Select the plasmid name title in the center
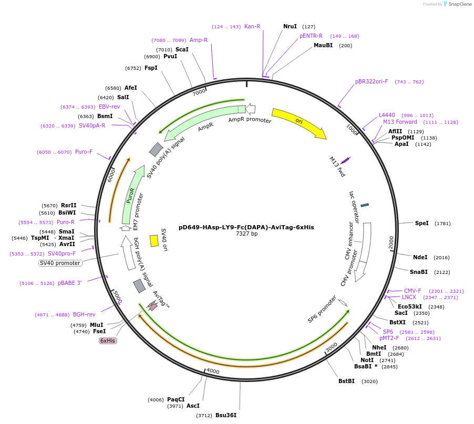pos(246,227)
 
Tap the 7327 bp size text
pos(246,234)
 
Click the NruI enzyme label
pos(290,26)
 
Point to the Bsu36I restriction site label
pos(225,415)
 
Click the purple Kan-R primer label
pos(252,26)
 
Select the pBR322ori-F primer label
pos(372,81)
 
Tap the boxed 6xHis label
pos(108,341)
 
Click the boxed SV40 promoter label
pos(60,263)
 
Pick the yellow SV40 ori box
pos(154,240)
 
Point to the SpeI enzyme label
pos(421,223)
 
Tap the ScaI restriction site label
pos(182,49)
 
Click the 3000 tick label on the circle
pos(331,347)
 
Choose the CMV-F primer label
pos(413,291)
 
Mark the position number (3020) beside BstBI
pos(369,381)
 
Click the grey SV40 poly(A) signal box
pos(156,150)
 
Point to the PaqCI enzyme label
pos(176,399)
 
